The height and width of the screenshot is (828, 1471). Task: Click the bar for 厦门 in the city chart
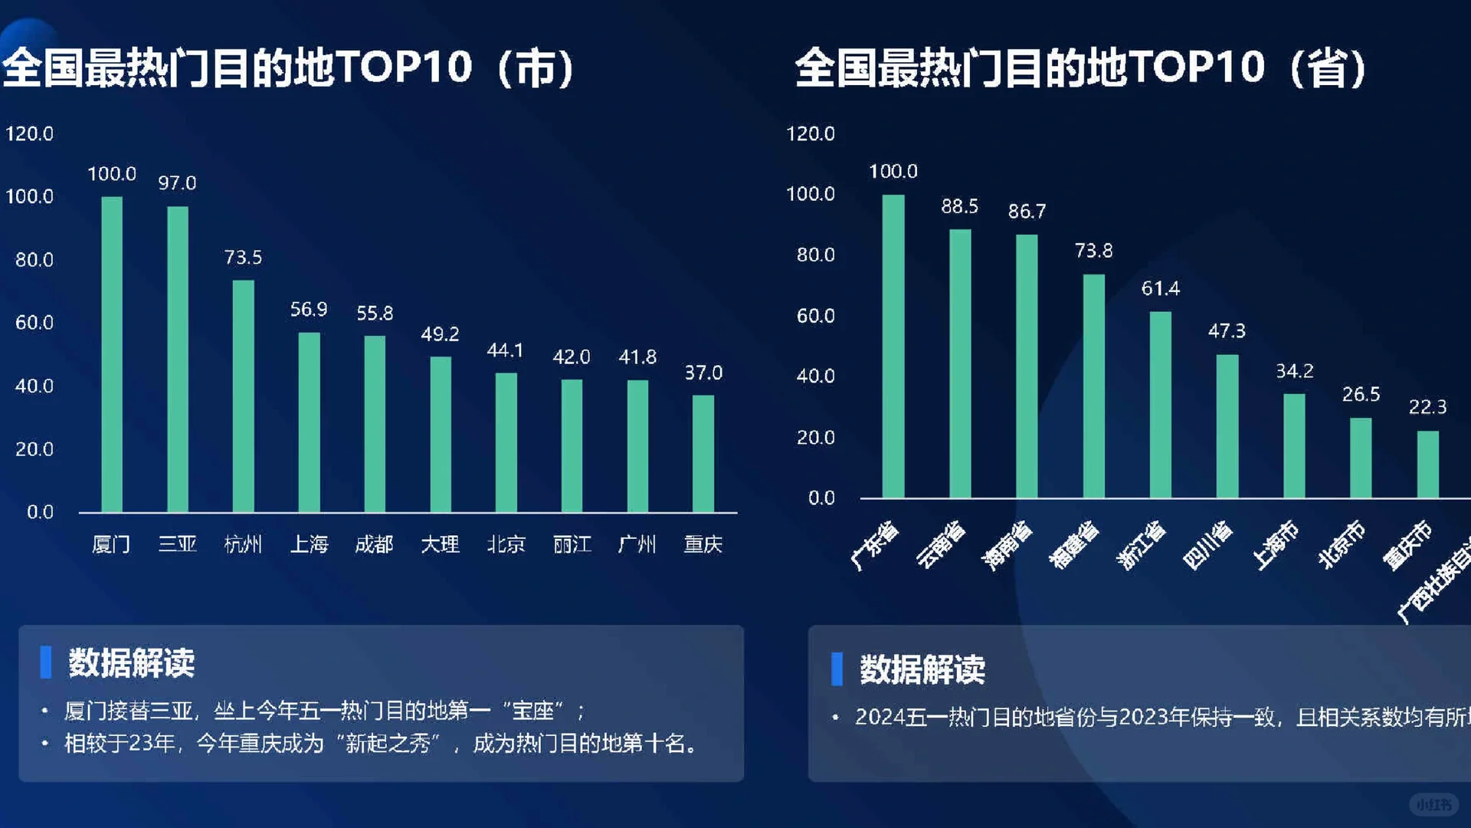(x=112, y=354)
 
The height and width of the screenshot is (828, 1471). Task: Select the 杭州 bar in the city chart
(x=243, y=396)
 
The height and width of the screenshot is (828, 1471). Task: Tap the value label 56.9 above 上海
(x=309, y=309)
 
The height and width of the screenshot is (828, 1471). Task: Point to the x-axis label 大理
(x=440, y=544)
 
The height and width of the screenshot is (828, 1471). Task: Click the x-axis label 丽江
(x=572, y=544)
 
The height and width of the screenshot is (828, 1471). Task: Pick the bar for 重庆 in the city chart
(x=703, y=453)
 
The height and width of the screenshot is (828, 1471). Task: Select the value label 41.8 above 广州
(x=637, y=356)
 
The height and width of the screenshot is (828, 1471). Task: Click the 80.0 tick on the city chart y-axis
(x=34, y=260)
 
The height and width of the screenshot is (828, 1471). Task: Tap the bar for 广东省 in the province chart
(x=893, y=346)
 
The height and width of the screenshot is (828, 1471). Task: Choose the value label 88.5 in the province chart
(x=959, y=206)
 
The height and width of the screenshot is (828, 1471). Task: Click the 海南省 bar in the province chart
(x=1027, y=366)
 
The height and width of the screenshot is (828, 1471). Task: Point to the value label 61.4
(x=1161, y=288)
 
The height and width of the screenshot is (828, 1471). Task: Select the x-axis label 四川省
(x=1208, y=545)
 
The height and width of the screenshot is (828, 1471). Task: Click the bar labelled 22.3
(x=1427, y=464)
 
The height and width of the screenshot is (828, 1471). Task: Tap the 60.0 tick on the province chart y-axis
(x=815, y=316)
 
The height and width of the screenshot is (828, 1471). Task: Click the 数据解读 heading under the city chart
(x=132, y=663)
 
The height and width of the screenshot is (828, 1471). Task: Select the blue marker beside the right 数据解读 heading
(x=837, y=669)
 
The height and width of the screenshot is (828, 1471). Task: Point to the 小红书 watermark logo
(x=1433, y=804)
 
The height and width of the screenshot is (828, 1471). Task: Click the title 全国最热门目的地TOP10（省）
(x=1080, y=67)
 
